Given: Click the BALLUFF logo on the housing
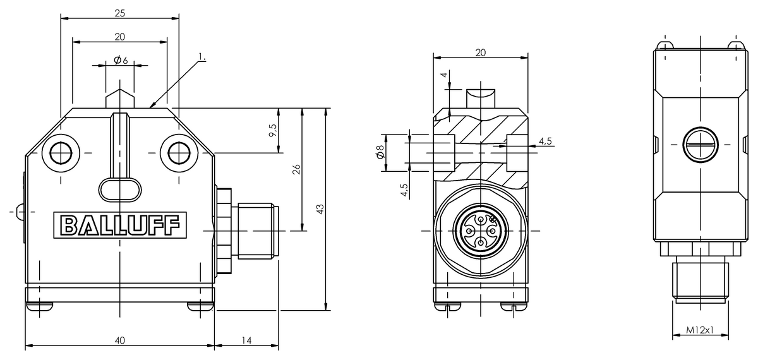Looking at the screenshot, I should (119, 225).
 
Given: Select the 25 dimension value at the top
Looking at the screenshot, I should (119, 13).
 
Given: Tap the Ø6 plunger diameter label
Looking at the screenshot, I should (121, 60).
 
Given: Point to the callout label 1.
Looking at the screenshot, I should (202, 57).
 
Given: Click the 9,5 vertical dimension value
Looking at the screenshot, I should (272, 131).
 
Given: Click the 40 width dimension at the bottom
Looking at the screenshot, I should (119, 340).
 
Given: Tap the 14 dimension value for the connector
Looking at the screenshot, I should (246, 340).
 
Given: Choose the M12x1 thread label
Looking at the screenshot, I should (700, 330).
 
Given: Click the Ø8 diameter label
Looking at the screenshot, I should (380, 152).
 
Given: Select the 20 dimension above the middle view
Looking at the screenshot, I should (480, 53).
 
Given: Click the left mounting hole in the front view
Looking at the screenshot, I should (62, 152).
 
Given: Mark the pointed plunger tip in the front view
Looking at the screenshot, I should (120, 98).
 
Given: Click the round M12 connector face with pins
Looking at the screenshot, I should (480, 231).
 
